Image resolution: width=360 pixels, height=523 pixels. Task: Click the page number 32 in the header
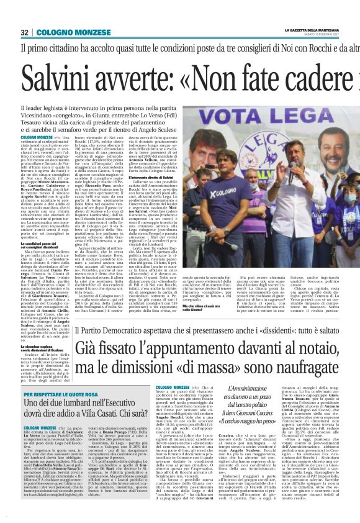click(x=25, y=32)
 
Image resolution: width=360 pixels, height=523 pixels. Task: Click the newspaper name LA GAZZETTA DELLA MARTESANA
click(x=312, y=29)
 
